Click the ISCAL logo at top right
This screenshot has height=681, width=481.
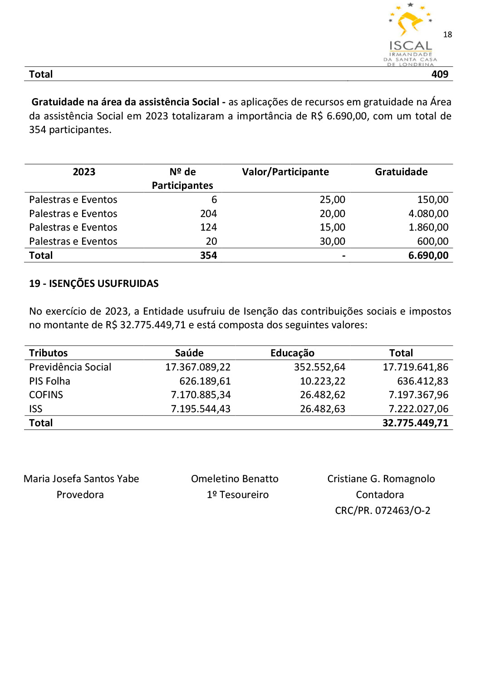[410, 34]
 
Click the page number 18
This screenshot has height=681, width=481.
[447, 35]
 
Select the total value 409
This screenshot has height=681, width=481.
[440, 74]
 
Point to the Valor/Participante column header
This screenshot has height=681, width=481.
[285, 172]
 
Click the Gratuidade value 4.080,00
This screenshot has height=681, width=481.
[428, 214]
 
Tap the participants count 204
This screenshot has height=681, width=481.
[208, 214]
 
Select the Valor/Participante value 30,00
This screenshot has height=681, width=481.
[332, 242]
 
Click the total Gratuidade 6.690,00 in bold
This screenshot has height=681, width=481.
[428, 256]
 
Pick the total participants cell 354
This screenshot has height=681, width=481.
[208, 256]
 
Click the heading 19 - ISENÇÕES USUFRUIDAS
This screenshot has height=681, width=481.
[94, 284]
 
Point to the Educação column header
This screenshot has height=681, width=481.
[292, 353]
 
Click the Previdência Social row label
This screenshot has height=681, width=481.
[70, 367]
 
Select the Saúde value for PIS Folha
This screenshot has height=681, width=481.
[205, 381]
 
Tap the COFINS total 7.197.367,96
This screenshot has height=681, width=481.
[418, 395]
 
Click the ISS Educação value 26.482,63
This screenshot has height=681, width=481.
[322, 409]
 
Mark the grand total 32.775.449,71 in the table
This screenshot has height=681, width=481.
[415, 423]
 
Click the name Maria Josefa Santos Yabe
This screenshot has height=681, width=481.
[81, 479]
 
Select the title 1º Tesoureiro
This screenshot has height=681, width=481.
[237, 495]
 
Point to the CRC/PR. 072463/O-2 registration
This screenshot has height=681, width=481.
[383, 511]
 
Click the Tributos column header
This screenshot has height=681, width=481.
[48, 353]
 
